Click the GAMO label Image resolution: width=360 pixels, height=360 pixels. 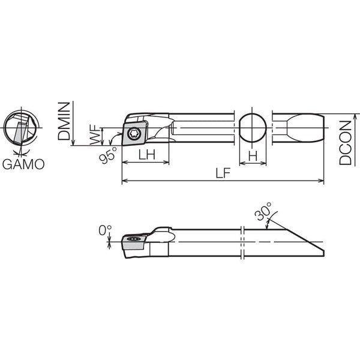[x=23, y=164]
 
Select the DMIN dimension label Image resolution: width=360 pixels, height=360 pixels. [x=64, y=121]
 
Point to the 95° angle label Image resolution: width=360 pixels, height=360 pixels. [x=107, y=155]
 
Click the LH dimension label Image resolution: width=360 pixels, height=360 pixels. [x=147, y=155]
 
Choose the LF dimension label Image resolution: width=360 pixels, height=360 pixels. [x=223, y=173]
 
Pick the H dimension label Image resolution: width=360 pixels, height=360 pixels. [x=253, y=156]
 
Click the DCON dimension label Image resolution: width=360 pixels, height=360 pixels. [x=346, y=143]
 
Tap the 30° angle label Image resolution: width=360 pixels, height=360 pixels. [x=263, y=211]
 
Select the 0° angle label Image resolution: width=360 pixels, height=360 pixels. [x=105, y=230]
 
